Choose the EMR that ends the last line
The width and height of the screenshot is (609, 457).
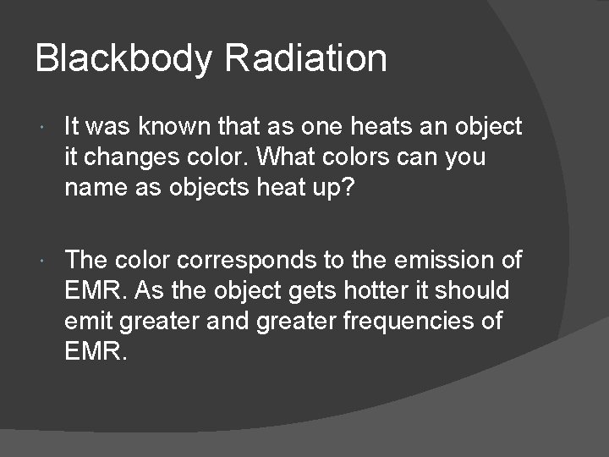96,351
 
